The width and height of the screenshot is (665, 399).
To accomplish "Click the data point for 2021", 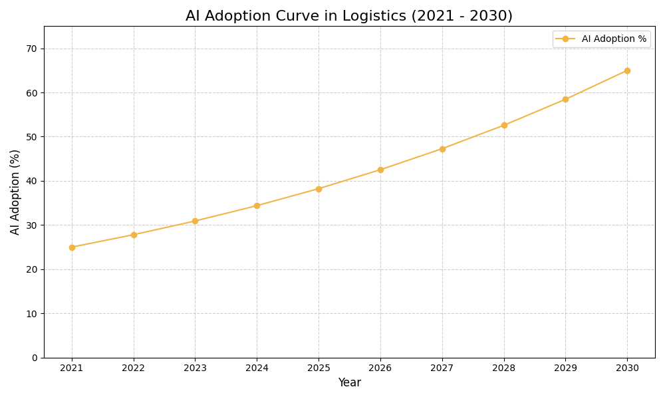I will click(x=72, y=247).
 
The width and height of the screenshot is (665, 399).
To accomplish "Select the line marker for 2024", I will click(x=257, y=205).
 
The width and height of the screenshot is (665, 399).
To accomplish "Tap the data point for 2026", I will click(x=380, y=170).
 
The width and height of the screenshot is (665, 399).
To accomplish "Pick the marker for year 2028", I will click(x=504, y=125).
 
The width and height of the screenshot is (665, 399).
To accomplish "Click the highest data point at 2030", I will click(x=627, y=70).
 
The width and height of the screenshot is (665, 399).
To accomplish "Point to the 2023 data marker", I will click(x=195, y=221).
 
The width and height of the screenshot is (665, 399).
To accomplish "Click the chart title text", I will click(x=349, y=16).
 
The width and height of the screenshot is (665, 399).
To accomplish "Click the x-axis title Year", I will click(x=349, y=383).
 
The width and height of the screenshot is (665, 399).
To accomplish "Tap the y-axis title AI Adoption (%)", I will click(x=15, y=192).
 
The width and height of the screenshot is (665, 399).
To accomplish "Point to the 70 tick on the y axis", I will click(x=31, y=49).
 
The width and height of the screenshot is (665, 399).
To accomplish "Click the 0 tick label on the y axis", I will click(x=35, y=358).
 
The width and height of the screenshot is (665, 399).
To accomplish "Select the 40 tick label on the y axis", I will click(x=31, y=181).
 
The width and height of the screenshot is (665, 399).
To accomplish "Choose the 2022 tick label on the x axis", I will click(x=134, y=368).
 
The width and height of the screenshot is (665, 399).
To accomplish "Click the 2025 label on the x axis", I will click(x=319, y=368).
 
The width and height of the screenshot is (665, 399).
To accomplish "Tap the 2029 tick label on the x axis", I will click(x=565, y=368).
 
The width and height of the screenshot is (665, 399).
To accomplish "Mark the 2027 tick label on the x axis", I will click(x=442, y=368).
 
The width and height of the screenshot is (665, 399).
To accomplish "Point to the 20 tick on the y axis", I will click(x=31, y=269).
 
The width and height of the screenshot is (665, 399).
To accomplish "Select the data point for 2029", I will click(x=565, y=99).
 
